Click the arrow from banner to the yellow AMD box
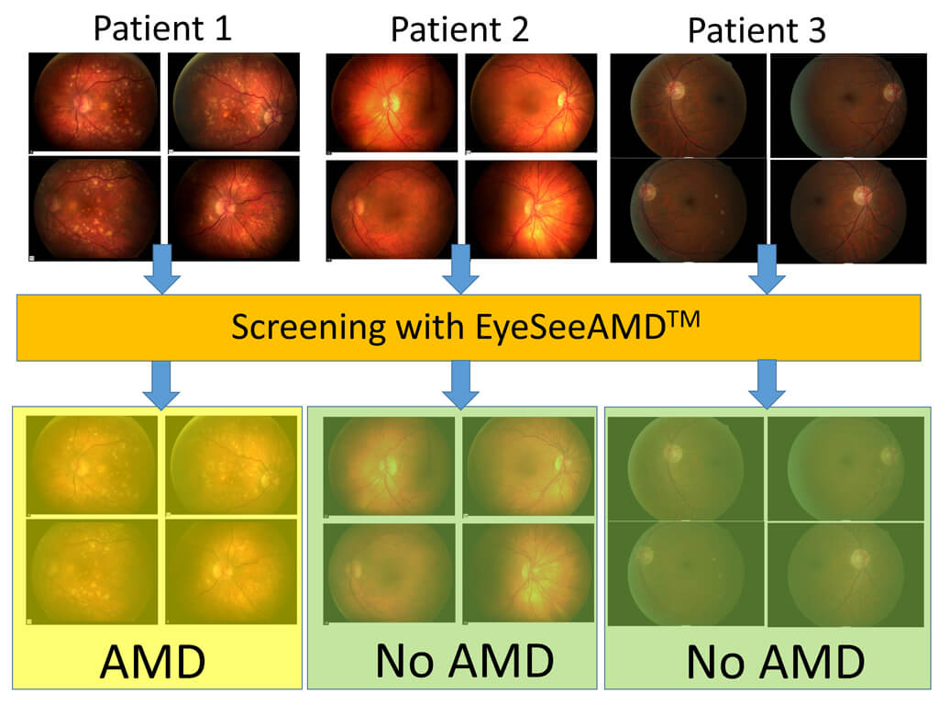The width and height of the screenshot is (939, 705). point(162,385)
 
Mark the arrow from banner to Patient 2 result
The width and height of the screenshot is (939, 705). point(460,385)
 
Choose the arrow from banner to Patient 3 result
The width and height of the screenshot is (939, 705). point(766,385)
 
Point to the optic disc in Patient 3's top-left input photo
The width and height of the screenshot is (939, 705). point(677,89)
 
